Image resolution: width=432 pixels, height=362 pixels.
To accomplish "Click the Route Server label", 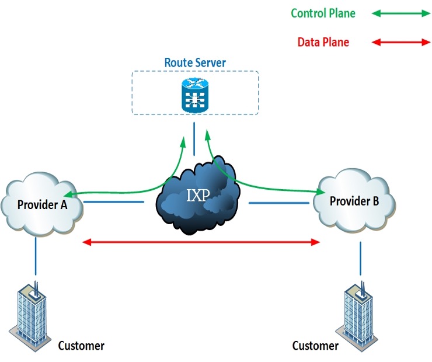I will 195,62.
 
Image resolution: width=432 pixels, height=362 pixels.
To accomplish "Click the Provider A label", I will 42,205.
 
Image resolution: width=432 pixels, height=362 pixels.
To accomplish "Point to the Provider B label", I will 354,201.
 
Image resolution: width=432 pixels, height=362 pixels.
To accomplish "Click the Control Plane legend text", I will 323,13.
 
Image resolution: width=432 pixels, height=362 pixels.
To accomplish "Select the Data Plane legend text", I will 323,42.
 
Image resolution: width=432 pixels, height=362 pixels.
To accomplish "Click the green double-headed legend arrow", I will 400,13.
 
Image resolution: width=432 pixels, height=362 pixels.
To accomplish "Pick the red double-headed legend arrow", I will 400,42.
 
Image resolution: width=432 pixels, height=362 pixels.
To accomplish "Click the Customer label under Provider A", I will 81,346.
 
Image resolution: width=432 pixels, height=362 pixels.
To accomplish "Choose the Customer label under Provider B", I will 315,346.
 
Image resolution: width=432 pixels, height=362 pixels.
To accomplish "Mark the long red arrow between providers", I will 201,241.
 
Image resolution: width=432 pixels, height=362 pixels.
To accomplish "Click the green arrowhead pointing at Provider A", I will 68,196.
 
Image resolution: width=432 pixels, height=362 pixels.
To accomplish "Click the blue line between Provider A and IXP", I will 114,203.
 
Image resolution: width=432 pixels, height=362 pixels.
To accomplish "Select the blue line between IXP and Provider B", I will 279,203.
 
